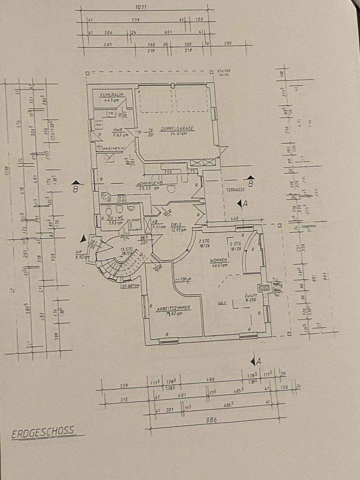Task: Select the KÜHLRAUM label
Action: pos(111,95)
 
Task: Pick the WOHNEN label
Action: pos(220,260)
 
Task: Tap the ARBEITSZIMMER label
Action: pos(173,308)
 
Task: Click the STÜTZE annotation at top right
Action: pos(224,71)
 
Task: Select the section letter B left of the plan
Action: pos(76,188)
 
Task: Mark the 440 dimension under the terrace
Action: pos(235,219)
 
